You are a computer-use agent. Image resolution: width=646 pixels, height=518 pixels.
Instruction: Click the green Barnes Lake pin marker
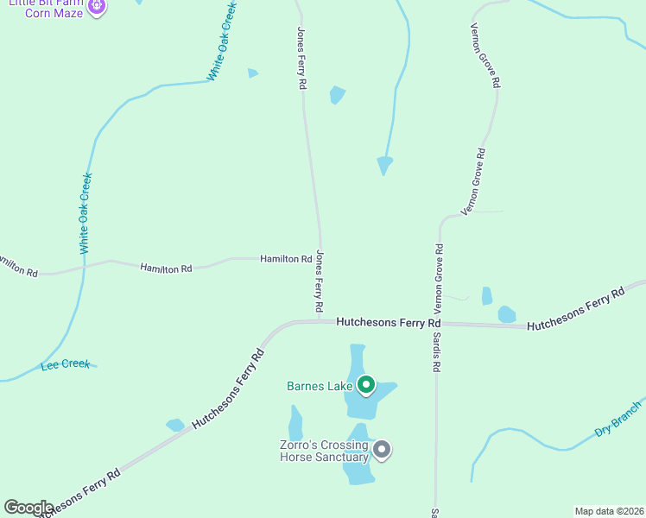point(365,384)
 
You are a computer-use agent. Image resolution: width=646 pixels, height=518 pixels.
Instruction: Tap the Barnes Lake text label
point(320,386)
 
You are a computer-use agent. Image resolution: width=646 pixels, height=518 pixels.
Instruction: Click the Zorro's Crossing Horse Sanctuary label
point(325,451)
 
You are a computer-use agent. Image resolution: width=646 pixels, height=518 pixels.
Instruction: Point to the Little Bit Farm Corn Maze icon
point(96,7)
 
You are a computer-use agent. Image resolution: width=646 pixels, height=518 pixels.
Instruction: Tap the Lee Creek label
point(66,364)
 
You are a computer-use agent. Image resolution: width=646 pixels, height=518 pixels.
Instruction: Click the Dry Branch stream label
point(618,419)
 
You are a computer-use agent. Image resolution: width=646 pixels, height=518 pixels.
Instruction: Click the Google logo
point(28,508)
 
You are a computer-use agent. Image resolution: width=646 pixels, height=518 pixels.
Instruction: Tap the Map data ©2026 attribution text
point(609,511)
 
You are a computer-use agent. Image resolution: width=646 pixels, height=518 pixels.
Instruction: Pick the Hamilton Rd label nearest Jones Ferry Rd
point(286,258)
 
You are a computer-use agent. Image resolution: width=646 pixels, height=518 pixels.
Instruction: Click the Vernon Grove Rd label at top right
point(485,53)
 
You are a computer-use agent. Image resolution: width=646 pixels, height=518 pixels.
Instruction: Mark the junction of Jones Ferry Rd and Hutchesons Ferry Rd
point(320,321)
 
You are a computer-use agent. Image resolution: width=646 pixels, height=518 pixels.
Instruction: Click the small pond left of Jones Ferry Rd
point(252,73)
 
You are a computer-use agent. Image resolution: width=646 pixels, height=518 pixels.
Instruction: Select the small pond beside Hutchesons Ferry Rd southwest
point(175,425)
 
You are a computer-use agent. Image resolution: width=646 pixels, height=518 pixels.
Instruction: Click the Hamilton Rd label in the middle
point(166,268)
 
